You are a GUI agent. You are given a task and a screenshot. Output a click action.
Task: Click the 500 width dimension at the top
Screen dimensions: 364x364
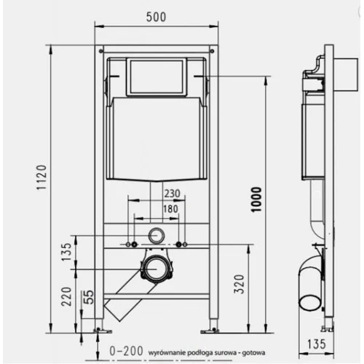click(x=156, y=17)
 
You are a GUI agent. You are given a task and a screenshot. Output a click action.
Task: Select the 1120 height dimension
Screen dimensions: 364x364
click(x=41, y=178)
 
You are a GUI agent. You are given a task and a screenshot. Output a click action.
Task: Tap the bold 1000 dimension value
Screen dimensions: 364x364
click(x=256, y=199)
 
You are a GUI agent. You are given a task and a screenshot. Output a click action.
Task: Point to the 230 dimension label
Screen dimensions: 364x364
click(x=173, y=194)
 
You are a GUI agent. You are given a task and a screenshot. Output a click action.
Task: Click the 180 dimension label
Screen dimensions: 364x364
click(x=170, y=209)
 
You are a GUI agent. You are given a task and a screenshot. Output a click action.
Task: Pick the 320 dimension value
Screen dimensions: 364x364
click(x=239, y=284)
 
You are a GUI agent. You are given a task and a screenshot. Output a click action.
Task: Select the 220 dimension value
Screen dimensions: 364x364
click(x=66, y=296)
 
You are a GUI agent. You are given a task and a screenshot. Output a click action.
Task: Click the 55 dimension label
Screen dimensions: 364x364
click(x=89, y=297)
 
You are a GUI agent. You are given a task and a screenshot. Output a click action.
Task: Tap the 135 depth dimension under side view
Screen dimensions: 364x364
click(x=317, y=344)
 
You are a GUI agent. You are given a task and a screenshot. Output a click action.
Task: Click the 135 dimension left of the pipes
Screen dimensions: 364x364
click(x=66, y=252)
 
